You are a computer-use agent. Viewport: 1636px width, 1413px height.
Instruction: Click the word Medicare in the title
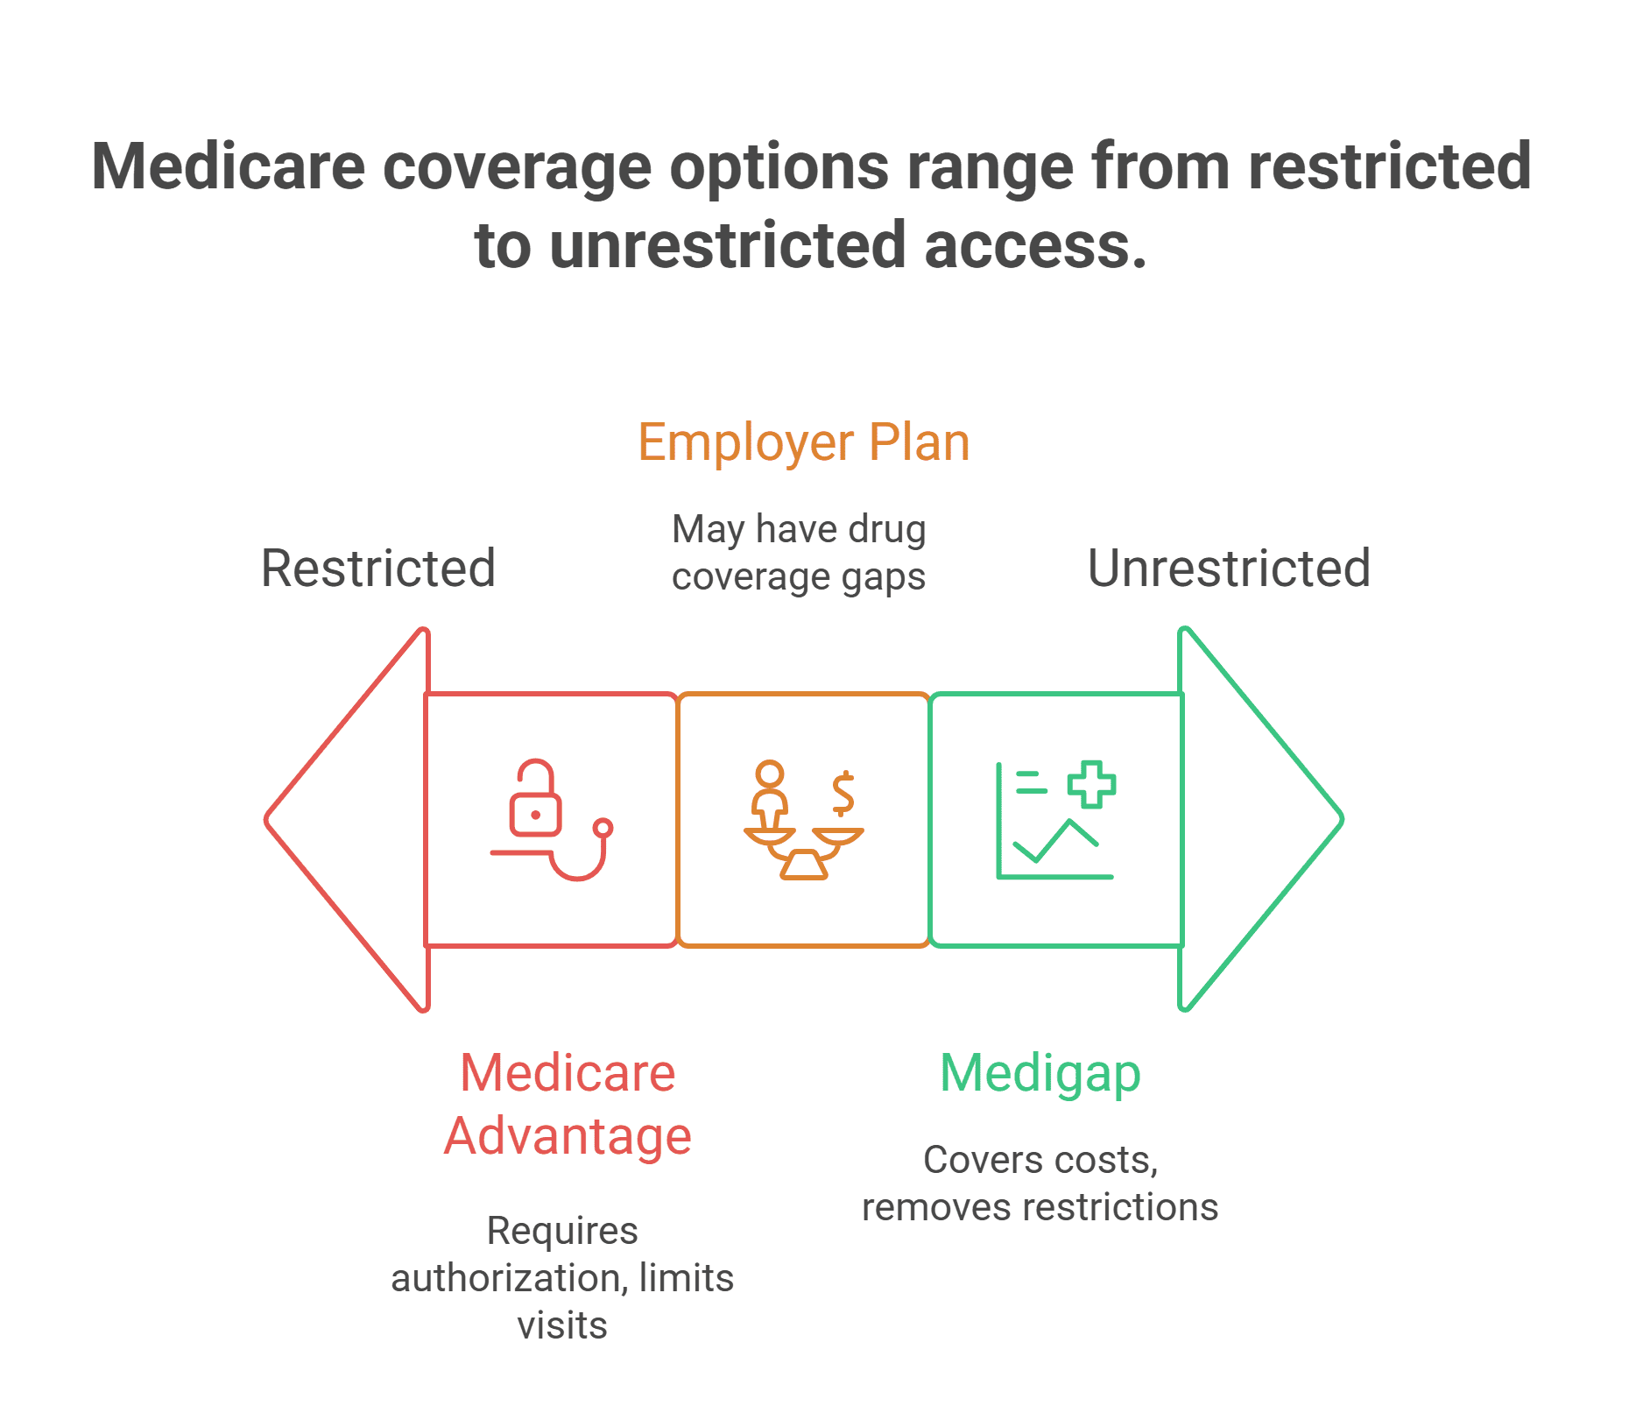point(228,166)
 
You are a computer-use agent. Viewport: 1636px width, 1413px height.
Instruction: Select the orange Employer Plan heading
point(803,442)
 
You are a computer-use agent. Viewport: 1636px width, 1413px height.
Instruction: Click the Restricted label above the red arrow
point(378,568)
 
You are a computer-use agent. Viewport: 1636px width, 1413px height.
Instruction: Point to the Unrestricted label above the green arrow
point(1229,568)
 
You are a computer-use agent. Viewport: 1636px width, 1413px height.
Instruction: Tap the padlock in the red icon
point(535,802)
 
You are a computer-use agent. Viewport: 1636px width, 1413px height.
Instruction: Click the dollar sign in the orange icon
point(843,793)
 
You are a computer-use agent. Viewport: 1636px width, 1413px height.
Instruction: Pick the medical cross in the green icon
point(1091,784)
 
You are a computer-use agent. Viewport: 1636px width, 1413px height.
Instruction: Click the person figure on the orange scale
point(770,793)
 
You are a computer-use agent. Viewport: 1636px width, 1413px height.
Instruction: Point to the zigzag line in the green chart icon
point(1054,841)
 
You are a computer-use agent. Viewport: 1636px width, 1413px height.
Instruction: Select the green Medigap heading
point(1040,1073)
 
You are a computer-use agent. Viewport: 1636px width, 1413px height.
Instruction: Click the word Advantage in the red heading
point(568,1136)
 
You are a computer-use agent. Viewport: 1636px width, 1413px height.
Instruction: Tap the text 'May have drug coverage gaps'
point(799,553)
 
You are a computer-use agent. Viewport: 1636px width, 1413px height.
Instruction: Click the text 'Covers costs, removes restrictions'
point(1040,1183)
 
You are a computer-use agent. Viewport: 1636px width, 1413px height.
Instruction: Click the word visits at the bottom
point(562,1325)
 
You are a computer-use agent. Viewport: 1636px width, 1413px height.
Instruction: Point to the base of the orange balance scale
point(804,865)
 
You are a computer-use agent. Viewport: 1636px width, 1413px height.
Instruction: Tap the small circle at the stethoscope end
point(603,828)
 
